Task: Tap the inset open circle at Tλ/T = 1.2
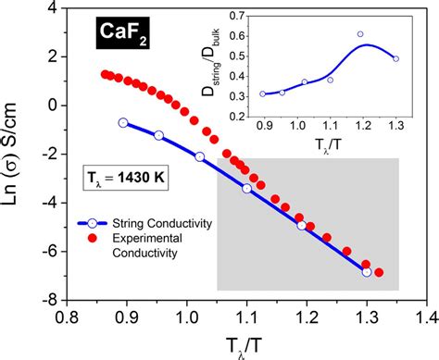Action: coord(360,34)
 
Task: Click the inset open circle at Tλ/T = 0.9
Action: coord(263,93)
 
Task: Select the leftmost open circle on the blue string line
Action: coord(123,122)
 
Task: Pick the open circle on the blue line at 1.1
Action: coord(246,189)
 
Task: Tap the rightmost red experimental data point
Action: coord(379,272)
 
